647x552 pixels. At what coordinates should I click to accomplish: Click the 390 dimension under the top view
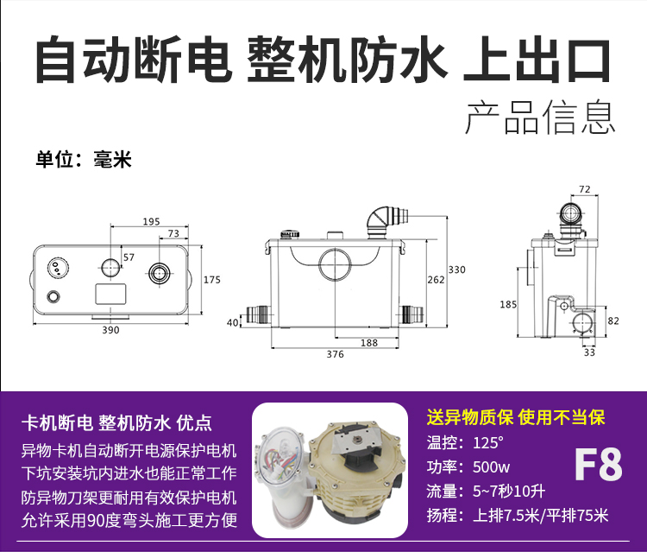click(110, 330)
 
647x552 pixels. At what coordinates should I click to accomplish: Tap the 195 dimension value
click(151, 221)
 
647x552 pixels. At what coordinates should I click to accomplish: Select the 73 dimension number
click(173, 233)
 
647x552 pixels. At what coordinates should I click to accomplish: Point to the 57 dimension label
click(129, 257)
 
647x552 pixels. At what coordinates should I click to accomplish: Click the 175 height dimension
click(211, 280)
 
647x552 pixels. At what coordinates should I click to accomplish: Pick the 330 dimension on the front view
click(456, 270)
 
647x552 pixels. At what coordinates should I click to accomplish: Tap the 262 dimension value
click(436, 280)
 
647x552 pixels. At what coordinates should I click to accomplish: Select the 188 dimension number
click(369, 343)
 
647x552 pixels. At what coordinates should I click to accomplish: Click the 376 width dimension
click(335, 354)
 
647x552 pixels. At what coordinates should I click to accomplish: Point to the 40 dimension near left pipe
click(233, 322)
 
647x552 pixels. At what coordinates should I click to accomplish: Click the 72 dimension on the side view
click(585, 189)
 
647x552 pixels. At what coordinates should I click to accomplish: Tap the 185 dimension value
click(508, 305)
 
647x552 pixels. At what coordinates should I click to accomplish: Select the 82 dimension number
click(613, 320)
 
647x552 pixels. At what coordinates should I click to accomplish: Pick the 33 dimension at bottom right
click(589, 352)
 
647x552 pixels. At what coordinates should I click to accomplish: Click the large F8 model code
click(598, 465)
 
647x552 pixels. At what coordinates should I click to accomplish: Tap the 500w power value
click(491, 466)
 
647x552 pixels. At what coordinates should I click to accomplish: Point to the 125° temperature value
click(488, 443)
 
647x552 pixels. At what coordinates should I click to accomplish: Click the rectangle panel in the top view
click(110, 294)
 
